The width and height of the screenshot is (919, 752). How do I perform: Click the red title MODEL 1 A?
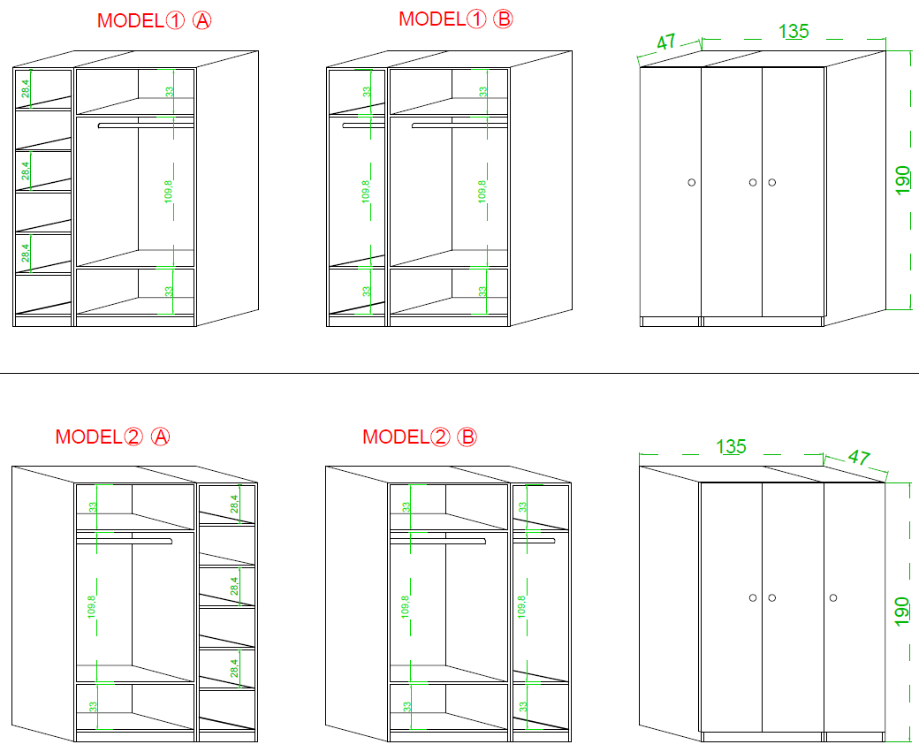coord(154,21)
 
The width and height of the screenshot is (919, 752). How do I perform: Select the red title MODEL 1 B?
coord(455,19)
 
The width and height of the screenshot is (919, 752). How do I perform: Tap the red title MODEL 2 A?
coord(112,437)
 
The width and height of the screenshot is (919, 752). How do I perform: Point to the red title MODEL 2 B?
coord(420,437)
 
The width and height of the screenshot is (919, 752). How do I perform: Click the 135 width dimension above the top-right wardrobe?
coord(794,32)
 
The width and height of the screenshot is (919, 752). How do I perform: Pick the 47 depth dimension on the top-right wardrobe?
coord(665,42)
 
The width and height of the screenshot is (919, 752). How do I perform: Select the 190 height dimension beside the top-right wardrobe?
coord(902,180)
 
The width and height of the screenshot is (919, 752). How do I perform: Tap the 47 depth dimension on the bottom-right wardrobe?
coord(859,457)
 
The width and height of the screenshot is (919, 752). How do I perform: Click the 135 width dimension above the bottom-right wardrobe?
coord(731,446)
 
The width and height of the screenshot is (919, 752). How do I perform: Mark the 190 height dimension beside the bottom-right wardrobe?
coord(902,611)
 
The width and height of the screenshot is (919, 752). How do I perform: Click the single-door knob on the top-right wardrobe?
coord(692,182)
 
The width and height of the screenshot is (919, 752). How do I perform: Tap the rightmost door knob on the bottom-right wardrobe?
coord(832,598)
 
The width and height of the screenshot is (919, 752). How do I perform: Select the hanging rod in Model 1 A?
coord(146,125)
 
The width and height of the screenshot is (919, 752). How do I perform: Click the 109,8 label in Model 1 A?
coord(169,192)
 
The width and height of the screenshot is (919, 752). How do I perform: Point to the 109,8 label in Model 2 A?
coord(91,607)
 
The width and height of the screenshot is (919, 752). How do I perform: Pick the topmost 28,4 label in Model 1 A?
coord(26,88)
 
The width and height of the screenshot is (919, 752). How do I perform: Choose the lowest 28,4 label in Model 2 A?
coord(234,668)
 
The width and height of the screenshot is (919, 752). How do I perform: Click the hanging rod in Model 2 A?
coord(125,541)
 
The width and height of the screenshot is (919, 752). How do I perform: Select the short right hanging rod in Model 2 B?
coord(534,541)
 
